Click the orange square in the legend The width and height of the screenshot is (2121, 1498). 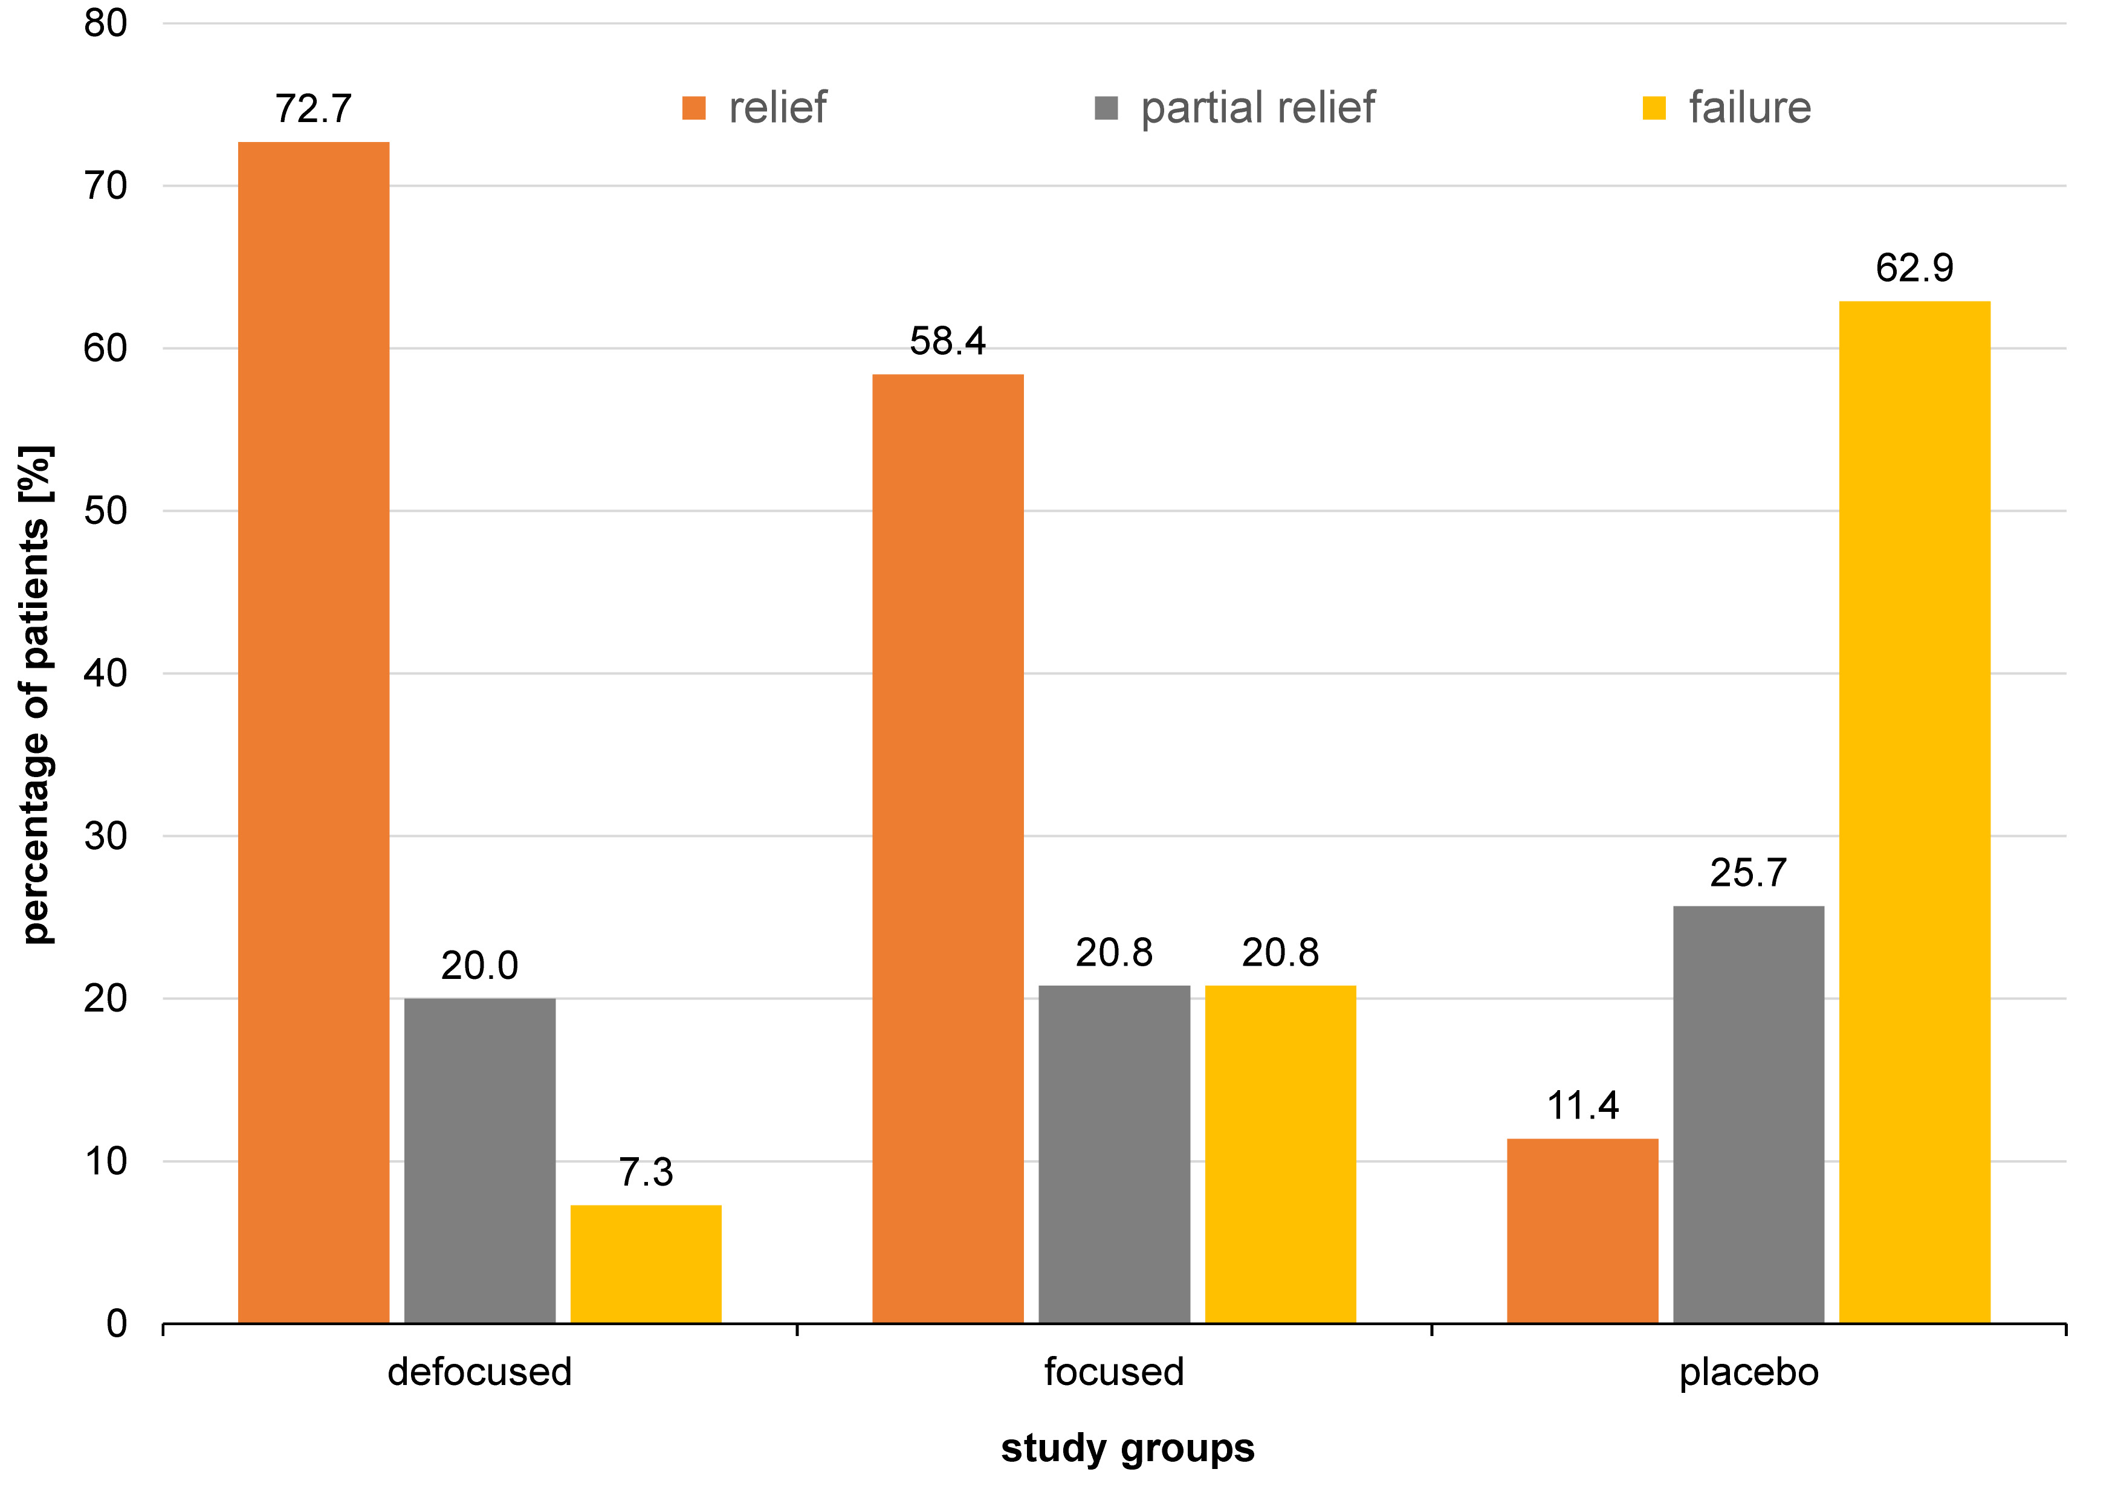(x=694, y=108)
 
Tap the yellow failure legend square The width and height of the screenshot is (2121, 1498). (x=1654, y=108)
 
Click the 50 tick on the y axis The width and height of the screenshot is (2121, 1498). (x=105, y=511)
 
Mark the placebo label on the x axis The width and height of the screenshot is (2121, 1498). (x=1749, y=1372)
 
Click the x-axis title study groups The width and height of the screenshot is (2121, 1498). (x=1127, y=1448)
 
